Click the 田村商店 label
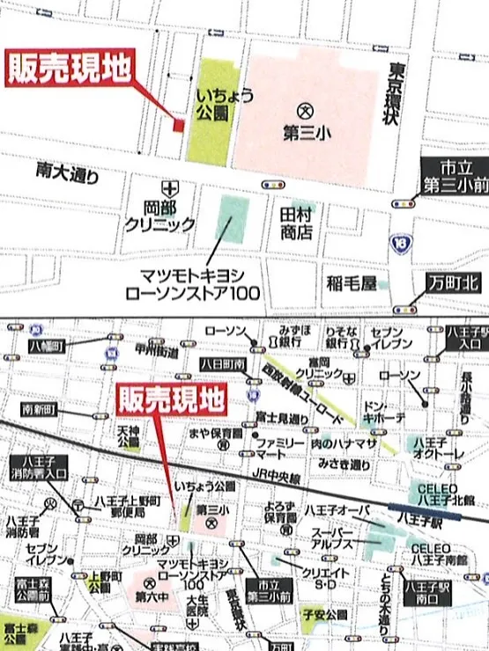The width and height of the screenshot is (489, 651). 297,224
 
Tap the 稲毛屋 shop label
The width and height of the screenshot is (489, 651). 351,282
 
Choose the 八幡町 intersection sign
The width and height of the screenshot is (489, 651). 48,347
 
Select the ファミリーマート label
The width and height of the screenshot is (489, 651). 281,446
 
